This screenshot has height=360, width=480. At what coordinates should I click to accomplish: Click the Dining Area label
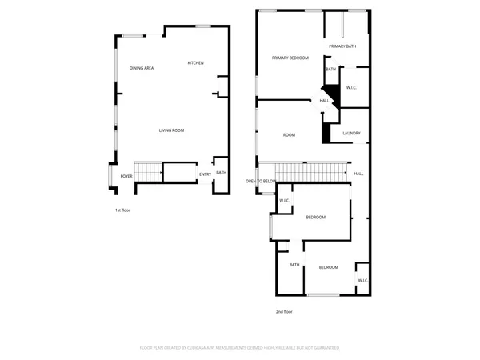[142, 68]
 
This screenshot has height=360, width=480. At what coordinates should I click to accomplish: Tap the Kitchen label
[195, 63]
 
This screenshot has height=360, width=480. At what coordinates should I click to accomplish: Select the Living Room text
[171, 130]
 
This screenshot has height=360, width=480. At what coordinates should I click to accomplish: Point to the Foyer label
[126, 175]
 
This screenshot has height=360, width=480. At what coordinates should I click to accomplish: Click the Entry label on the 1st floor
[205, 174]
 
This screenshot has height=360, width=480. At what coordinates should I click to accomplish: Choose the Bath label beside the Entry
[221, 173]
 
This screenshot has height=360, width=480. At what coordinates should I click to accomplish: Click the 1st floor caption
[122, 210]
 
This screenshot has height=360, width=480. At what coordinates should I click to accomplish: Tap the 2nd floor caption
[283, 311]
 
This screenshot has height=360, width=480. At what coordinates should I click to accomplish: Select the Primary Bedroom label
[290, 58]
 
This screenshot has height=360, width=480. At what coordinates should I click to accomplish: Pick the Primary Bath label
[342, 46]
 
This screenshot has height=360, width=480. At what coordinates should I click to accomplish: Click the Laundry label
[351, 134]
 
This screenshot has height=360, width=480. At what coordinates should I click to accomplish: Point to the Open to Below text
[259, 182]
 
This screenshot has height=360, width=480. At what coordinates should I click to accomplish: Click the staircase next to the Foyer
[147, 170]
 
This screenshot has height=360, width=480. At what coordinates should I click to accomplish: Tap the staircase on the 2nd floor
[310, 171]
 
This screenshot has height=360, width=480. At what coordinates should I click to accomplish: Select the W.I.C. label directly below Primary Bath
[351, 88]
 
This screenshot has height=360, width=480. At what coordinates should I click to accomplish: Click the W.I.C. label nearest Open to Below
[284, 200]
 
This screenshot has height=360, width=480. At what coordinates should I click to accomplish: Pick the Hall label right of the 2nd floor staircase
[358, 174]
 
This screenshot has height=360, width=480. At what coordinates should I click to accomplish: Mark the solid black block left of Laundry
[326, 132]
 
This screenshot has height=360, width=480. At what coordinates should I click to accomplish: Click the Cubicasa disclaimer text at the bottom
[240, 348]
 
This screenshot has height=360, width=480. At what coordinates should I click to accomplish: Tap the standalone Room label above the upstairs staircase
[289, 135]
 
